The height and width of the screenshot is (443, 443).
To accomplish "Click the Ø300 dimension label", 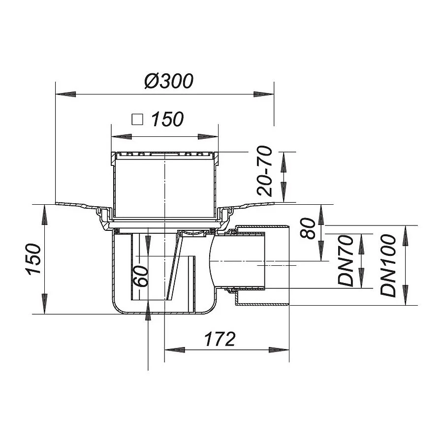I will [169, 81].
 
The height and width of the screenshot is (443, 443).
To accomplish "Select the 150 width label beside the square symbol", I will [167, 119].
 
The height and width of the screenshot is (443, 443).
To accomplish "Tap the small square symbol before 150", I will [137, 119].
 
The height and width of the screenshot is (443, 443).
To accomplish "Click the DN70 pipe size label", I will [346, 261].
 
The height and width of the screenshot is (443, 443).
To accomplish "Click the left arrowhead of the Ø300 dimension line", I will [62, 94].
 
